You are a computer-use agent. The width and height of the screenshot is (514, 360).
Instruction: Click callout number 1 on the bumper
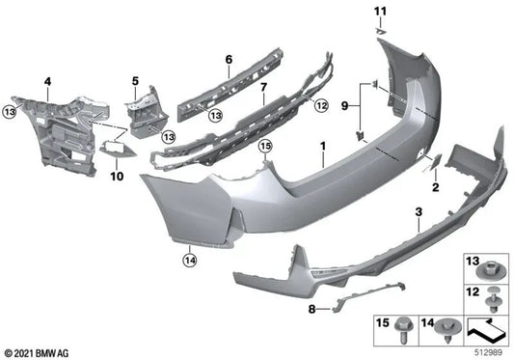pyautogui.click(x=324, y=150)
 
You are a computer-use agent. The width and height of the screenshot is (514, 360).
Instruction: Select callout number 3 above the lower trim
pyautogui.click(x=418, y=210)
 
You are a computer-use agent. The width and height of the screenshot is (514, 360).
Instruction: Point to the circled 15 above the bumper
pyautogui.click(x=266, y=146)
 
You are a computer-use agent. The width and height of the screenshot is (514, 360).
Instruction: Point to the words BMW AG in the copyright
pyautogui.click(x=51, y=352)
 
